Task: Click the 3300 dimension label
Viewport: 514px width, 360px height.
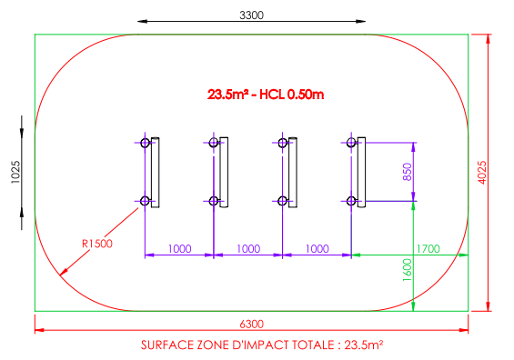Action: point(251,15)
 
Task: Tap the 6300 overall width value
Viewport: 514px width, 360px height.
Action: point(251,324)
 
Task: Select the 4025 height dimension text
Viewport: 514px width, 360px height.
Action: point(482,173)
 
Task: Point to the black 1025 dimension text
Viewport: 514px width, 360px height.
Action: point(15,172)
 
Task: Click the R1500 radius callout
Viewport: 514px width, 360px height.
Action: point(97,244)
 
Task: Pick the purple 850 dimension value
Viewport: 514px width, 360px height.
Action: point(407,172)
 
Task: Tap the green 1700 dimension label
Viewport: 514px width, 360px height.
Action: point(428,249)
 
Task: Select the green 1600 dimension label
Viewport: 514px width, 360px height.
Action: point(407,270)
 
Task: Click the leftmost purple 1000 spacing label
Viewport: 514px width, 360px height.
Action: point(179,249)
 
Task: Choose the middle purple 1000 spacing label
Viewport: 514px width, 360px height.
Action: point(248,249)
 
